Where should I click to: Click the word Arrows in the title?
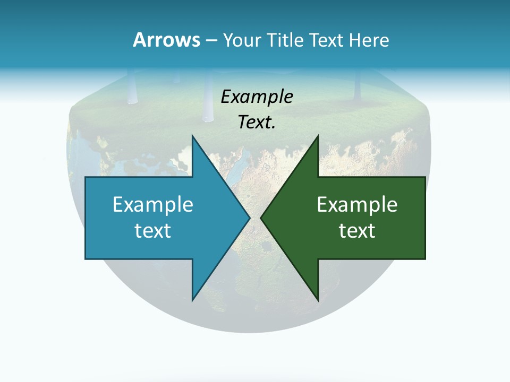pos(166,40)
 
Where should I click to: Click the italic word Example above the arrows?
pos(257,97)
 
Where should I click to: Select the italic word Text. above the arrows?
pos(257,122)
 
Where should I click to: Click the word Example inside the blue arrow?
pos(153,204)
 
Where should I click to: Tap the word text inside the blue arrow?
pos(153,230)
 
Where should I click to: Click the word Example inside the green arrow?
pos(357,204)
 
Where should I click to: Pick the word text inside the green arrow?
pos(357,230)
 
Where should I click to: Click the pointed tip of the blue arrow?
pos(249,218)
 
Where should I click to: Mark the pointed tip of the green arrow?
pos(261,218)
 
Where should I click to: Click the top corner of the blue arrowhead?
pos(192,136)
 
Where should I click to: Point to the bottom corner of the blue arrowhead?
pos(192,300)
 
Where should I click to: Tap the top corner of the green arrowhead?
pos(318,136)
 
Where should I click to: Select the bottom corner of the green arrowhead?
pos(318,300)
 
